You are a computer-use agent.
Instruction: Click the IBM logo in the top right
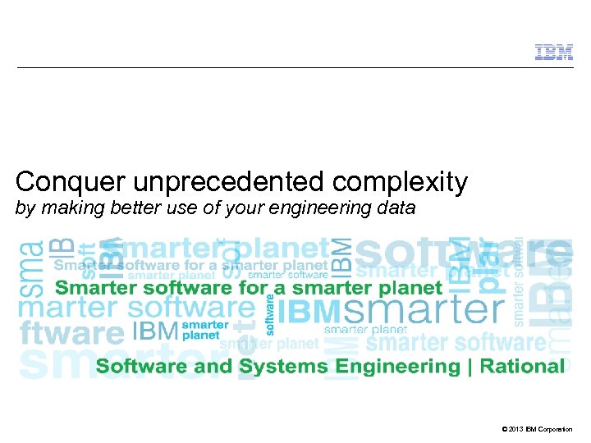click(x=554, y=52)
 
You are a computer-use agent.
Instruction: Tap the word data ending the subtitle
click(x=397, y=209)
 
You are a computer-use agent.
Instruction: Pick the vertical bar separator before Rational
click(x=470, y=367)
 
